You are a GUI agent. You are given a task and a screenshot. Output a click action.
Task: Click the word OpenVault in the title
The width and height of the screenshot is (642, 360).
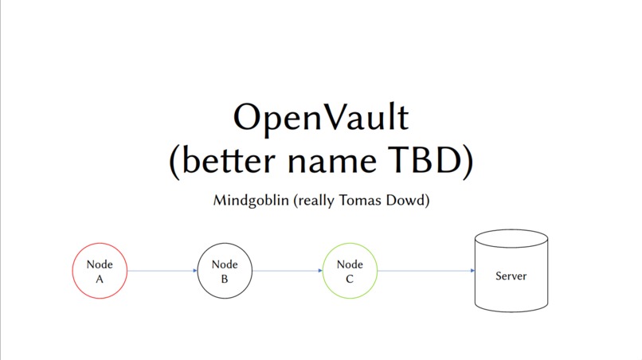pyautogui.click(x=320, y=118)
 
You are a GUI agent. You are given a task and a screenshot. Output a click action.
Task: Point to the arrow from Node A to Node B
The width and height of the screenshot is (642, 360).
pyautogui.click(x=162, y=271)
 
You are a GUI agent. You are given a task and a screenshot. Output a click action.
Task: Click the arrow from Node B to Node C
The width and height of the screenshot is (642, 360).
pyautogui.click(x=288, y=271)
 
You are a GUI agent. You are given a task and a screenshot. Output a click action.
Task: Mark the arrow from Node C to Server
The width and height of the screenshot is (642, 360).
pyautogui.click(x=426, y=271)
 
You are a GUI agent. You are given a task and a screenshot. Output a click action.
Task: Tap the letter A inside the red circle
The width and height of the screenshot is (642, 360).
pyautogui.click(x=100, y=280)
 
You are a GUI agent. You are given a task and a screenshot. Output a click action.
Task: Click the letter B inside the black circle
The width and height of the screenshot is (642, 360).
pyautogui.click(x=225, y=280)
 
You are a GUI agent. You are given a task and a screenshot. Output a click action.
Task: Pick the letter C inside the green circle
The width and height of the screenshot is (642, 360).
pyautogui.click(x=350, y=280)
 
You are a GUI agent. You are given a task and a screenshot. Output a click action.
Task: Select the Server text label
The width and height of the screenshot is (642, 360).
pyautogui.click(x=511, y=276)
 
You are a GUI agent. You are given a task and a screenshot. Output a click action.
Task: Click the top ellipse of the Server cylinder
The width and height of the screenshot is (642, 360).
pyautogui.click(x=511, y=237)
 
